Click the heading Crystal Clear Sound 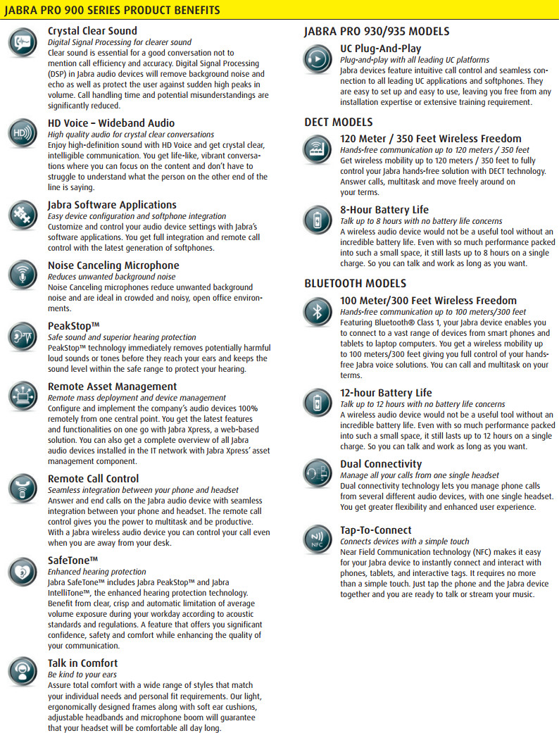pos(92,31)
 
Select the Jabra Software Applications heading pos(112,205)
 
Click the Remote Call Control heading pos(93,479)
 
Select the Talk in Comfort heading pos(82,663)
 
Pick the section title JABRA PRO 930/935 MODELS pos(377,31)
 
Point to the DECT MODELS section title pos(339,122)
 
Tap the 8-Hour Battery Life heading pos(384,210)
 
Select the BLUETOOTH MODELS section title pos(355,283)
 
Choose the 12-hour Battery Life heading pos(386,393)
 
